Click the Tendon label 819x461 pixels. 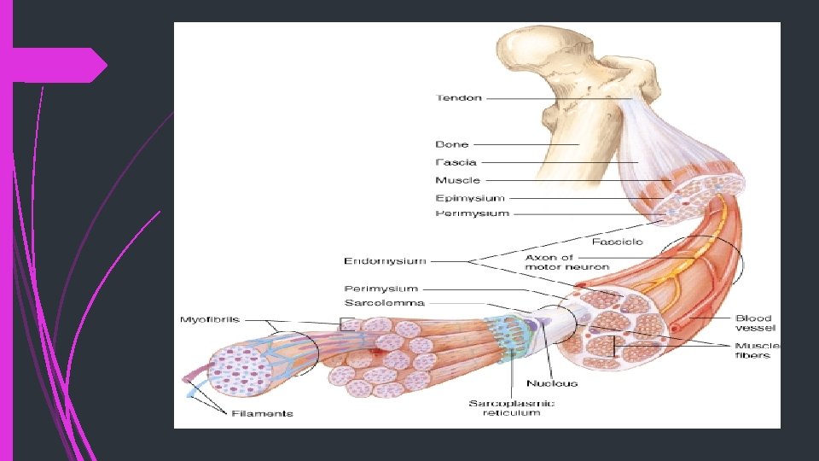point(459,98)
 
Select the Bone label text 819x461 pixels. point(452,145)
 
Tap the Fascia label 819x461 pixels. point(456,162)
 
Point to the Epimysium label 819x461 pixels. point(470,198)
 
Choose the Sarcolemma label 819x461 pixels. point(384,303)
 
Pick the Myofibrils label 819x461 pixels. point(210,320)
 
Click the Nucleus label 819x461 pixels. point(552,383)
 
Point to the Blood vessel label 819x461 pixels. point(755,324)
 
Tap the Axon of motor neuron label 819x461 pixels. point(567,262)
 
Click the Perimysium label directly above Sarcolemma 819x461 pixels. point(381,289)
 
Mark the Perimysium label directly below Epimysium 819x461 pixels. point(472,213)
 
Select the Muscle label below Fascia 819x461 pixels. point(457,180)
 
